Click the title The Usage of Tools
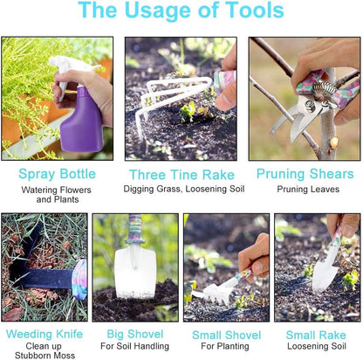[181, 11]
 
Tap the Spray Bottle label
[56, 174]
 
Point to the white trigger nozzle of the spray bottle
[65, 66]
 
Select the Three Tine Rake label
[181, 175]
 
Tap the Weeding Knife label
[44, 334]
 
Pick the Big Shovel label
[134, 334]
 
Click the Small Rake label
[316, 334]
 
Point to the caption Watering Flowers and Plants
[56, 194]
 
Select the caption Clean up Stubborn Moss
[44, 350]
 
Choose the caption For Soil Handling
[134, 346]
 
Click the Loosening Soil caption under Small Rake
[316, 346]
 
